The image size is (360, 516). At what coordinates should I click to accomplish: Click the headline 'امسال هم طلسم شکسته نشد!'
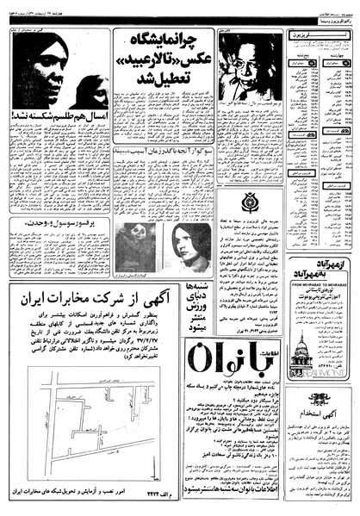pyautogui.click(x=58, y=134)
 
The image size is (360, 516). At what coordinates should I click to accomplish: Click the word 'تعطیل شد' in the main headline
pyautogui.click(x=172, y=90)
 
